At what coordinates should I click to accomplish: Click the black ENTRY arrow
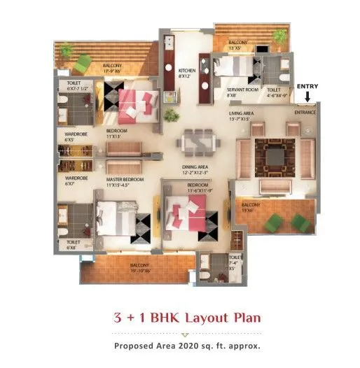coord(307,97)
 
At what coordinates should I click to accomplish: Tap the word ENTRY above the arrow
coord(307,87)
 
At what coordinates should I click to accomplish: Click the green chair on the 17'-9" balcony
coord(83,64)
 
